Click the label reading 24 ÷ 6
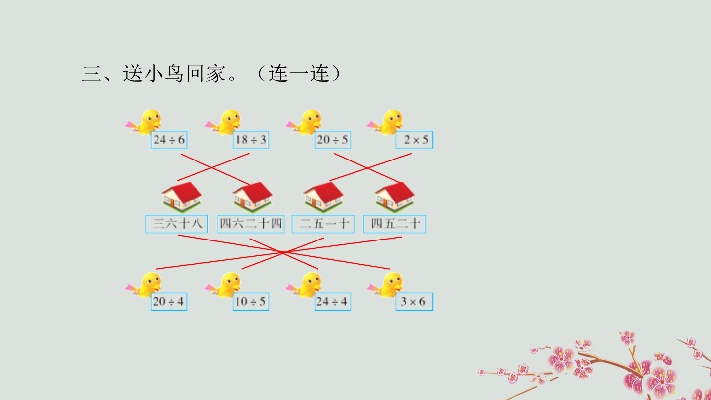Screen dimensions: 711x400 coord(169,140)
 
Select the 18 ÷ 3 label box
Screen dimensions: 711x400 coord(251,140)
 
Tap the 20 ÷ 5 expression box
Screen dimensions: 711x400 coord(333,140)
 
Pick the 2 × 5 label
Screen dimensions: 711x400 coord(414,140)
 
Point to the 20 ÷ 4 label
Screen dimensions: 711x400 coord(169,302)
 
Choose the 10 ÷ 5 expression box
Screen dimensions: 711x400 coord(251,302)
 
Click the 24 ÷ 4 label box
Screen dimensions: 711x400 coord(333,302)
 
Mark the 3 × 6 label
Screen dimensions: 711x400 coord(414,302)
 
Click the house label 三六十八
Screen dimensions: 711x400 coord(177,224)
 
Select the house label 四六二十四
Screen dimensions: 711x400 coord(251,224)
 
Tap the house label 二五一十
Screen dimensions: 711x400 coord(323,224)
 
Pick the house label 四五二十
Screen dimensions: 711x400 coord(395,224)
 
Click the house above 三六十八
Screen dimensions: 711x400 coord(182,197)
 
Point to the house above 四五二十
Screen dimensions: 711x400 coord(395,197)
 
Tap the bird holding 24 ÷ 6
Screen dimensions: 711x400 coord(144,122)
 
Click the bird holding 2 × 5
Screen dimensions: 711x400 coord(386,122)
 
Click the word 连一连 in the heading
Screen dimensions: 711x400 coord(299,74)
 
